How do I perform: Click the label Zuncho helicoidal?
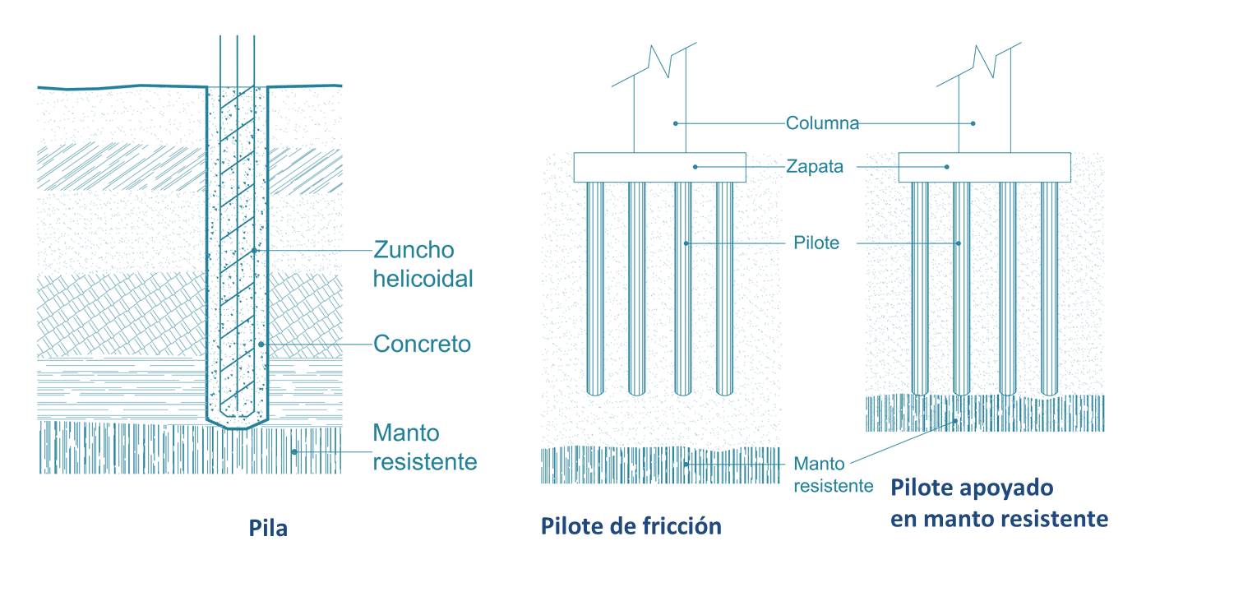point(423,263)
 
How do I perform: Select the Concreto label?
point(422,343)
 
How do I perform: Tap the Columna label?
point(822,123)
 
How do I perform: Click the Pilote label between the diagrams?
point(816,243)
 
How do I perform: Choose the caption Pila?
point(268,528)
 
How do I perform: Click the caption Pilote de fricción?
point(631,525)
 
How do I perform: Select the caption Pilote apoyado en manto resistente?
point(999,503)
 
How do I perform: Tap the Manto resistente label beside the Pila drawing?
point(424,446)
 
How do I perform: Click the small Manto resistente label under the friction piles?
point(833,474)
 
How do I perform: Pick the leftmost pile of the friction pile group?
point(595,288)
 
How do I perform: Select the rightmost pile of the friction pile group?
point(723,288)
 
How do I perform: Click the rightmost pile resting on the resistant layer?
point(1049,288)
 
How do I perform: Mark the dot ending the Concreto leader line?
point(261,344)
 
